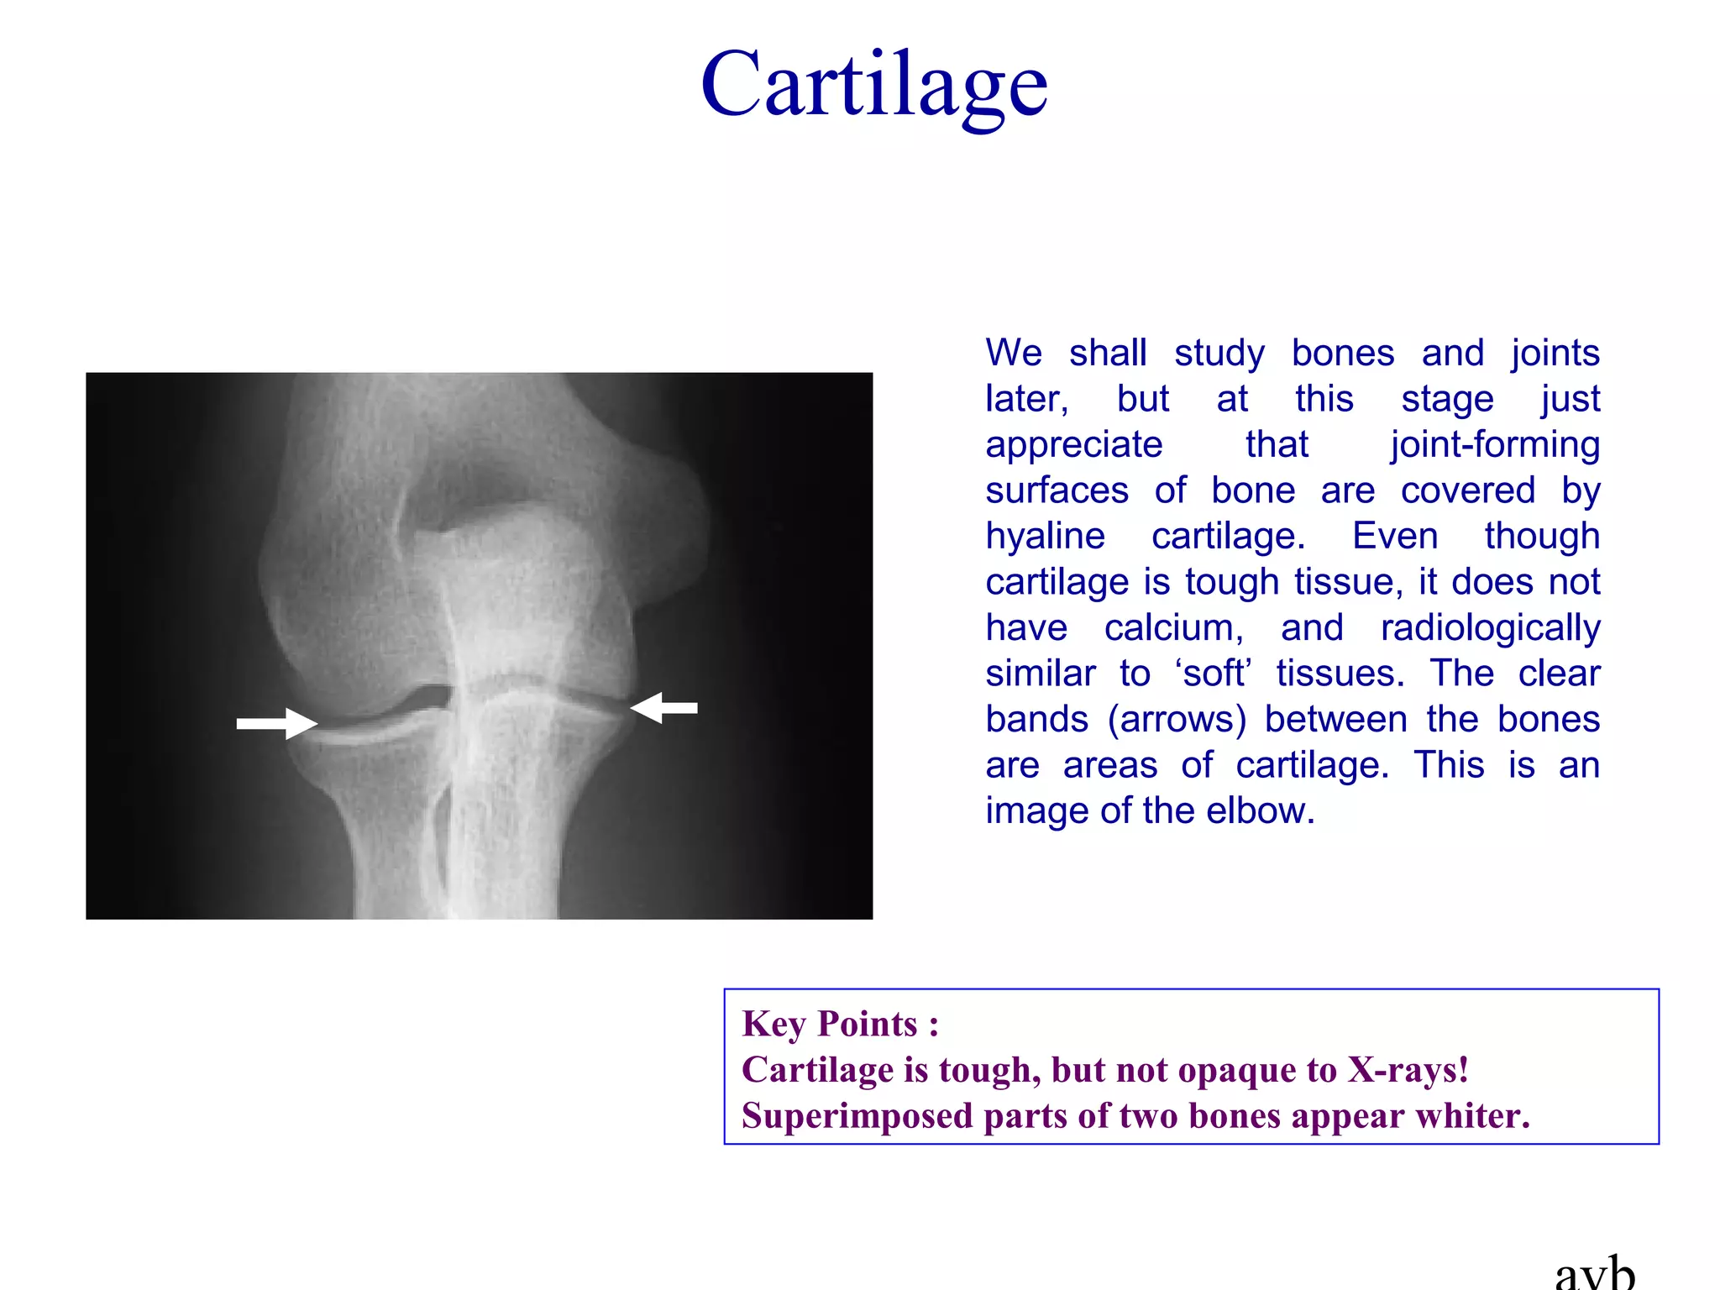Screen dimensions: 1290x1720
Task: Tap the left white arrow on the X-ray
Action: click(x=276, y=723)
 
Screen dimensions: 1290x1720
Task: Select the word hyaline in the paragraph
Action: click(x=1045, y=537)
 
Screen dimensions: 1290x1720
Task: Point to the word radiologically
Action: click(x=1490, y=628)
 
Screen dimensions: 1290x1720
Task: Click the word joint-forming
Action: click(x=1495, y=445)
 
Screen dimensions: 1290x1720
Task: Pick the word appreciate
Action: click(x=1074, y=445)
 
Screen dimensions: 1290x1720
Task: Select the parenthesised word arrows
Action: click(x=1177, y=720)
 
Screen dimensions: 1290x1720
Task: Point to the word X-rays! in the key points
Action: click(x=1408, y=1070)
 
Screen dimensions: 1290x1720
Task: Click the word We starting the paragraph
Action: click(x=1014, y=354)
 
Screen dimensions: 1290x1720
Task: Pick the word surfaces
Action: click(x=1057, y=491)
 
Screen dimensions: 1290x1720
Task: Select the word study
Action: click(x=1219, y=354)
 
